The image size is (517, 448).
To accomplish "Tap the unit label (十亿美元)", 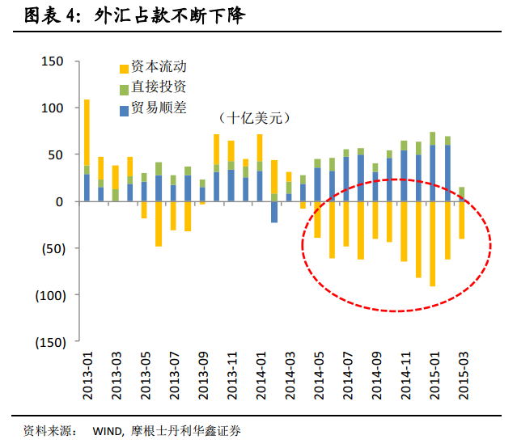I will click(254, 118).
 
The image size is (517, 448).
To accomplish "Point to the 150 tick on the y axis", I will click(52, 61).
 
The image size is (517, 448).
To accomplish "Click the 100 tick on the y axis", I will click(52, 108).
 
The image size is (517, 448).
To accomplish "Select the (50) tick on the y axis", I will click(49, 248).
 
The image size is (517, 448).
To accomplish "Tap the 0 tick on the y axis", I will click(59, 201).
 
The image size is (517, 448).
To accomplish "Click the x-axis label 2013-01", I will click(87, 374).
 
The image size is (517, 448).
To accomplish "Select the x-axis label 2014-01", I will click(261, 374).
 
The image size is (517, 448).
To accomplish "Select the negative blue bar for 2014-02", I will click(274, 212).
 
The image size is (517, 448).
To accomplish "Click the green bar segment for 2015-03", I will click(462, 192).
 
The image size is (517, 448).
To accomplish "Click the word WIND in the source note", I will click(87, 431).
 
